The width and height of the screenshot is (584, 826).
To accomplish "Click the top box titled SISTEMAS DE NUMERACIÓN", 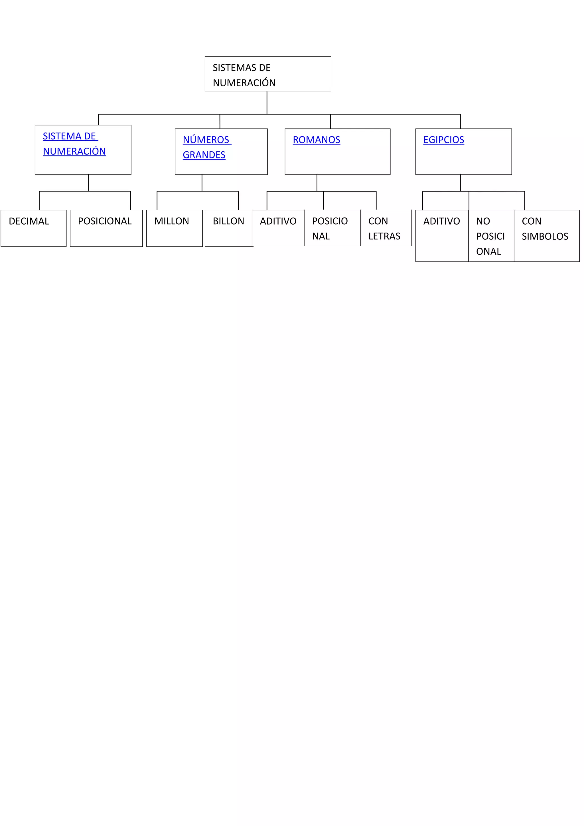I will pyautogui.click(x=268, y=74).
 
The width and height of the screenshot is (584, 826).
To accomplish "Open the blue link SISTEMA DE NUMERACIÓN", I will pyautogui.click(x=74, y=144).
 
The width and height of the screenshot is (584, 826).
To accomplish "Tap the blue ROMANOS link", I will pyautogui.click(x=316, y=140).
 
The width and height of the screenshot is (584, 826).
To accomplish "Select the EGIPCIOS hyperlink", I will pyautogui.click(x=443, y=140).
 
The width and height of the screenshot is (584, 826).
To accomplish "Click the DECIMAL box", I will pyautogui.click(x=33, y=228).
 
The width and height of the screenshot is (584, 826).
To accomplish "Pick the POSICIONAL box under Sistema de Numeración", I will pyautogui.click(x=106, y=228).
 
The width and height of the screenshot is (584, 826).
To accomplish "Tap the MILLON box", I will pyautogui.click(x=174, y=228).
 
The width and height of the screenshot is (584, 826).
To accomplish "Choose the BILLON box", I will pyautogui.click(x=228, y=228).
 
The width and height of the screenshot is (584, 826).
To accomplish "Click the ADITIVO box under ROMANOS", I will pyautogui.click(x=278, y=228).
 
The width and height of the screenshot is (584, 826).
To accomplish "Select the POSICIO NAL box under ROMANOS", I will pyautogui.click(x=332, y=228).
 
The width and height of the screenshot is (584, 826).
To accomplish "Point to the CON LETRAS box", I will pyautogui.click(x=386, y=228).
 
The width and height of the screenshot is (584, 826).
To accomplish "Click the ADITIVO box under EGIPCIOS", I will pyautogui.click(x=442, y=236).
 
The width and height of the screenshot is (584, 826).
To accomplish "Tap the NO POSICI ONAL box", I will pyautogui.click(x=491, y=236).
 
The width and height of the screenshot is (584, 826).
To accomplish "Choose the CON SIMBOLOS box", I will pyautogui.click(x=546, y=236).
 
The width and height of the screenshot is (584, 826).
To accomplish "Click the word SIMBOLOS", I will pyautogui.click(x=545, y=236).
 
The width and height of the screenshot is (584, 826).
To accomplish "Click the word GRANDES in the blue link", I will pyautogui.click(x=204, y=155).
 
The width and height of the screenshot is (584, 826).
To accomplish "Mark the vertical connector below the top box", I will pyautogui.click(x=267, y=103).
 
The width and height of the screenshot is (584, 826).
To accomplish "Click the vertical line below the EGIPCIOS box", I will pyautogui.click(x=460, y=183).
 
